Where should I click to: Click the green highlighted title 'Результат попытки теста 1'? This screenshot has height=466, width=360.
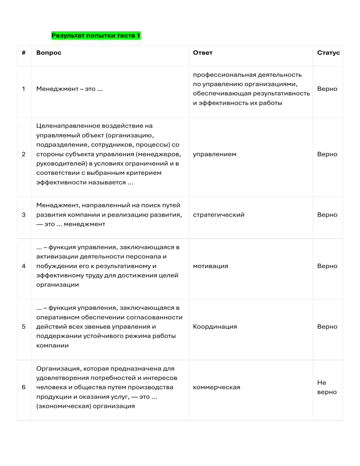click(96, 35)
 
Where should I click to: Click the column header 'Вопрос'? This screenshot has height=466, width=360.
click(49, 53)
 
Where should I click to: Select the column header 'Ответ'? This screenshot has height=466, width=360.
click(202, 53)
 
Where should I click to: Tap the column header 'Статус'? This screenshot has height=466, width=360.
click(328, 53)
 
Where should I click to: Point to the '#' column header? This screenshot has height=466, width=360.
click(23, 53)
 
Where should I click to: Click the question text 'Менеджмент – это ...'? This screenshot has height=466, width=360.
click(69, 89)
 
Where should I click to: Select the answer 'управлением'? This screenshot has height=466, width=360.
click(215, 154)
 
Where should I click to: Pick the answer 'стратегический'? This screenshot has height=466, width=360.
click(218, 215)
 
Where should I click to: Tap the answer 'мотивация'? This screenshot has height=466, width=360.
click(210, 266)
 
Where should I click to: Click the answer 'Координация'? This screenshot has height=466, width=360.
click(215, 327)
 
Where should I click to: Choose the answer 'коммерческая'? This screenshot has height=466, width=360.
click(217, 387)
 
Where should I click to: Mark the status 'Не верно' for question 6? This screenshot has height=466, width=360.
click(327, 387)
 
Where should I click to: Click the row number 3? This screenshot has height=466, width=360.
click(23, 215)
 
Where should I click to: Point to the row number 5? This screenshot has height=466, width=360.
click(23, 327)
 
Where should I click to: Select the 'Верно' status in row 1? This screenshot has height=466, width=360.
click(327, 89)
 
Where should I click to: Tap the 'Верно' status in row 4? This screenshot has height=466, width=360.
click(327, 266)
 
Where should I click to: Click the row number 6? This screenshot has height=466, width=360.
click(23, 387)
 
